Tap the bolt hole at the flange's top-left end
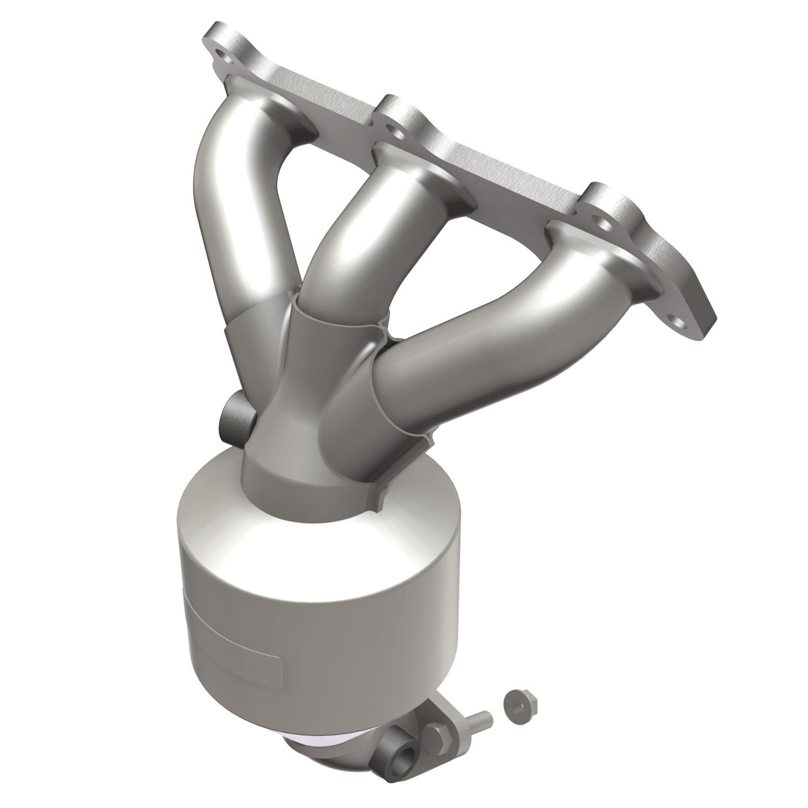221,54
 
